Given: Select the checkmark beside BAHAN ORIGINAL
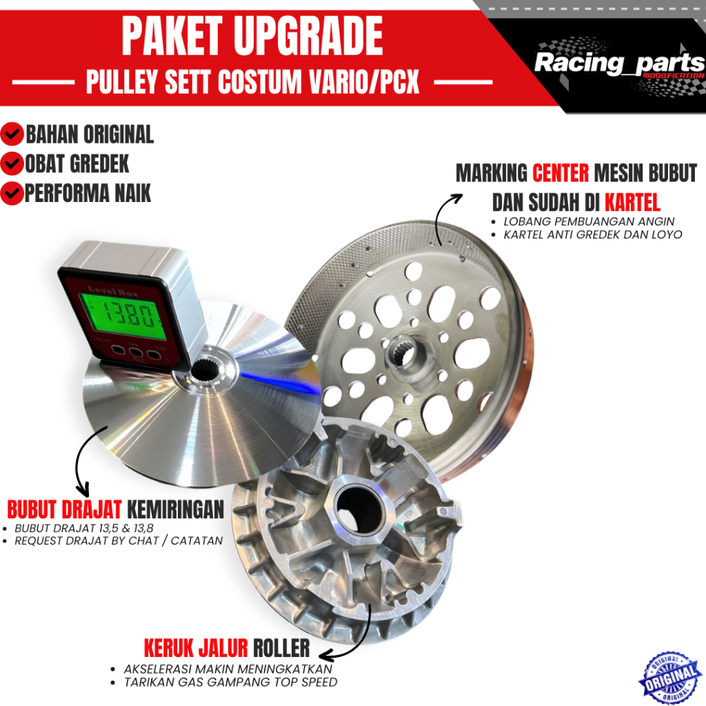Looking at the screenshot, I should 13,133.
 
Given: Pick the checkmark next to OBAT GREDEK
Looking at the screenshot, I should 13,164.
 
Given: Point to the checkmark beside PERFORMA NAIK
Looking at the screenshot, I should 13,194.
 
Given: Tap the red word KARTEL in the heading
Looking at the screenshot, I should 632,203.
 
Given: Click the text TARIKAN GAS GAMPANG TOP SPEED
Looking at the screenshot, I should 230,682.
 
